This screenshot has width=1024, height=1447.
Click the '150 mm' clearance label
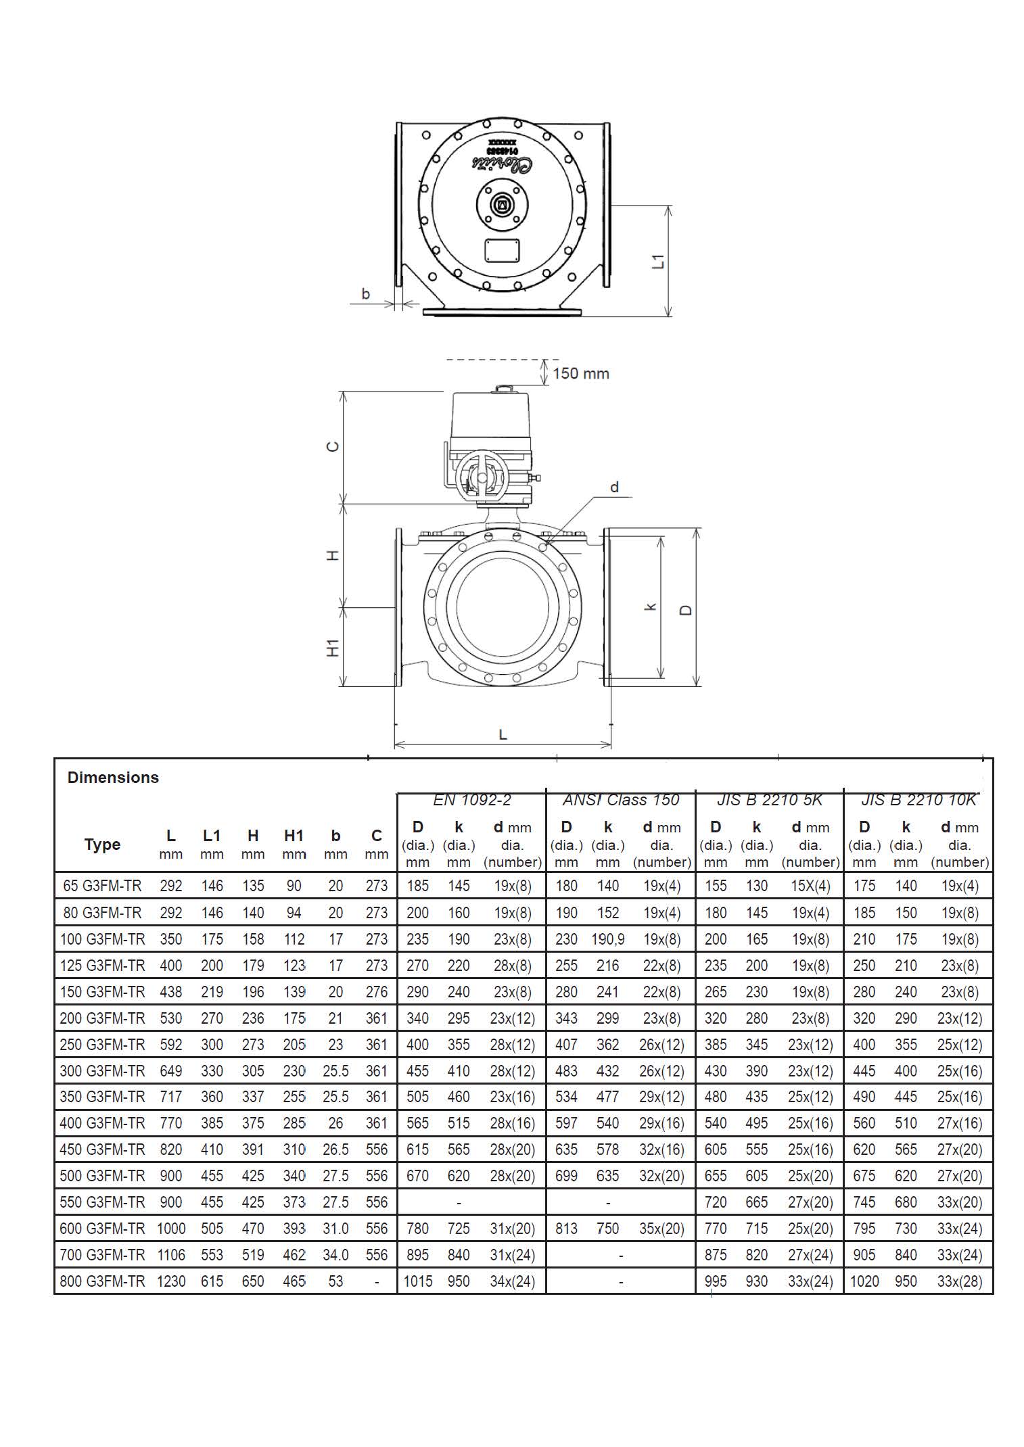pos(580,373)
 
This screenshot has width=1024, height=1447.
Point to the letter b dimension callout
pos(366,293)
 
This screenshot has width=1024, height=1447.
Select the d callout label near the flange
pos(614,487)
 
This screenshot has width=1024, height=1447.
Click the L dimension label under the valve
pos(503,734)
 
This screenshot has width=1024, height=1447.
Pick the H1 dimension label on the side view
pos(333,648)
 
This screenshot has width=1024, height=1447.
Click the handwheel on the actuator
pos(480,477)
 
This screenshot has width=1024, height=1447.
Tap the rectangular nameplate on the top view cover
pos(503,250)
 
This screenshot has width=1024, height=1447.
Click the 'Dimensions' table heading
pos(113,777)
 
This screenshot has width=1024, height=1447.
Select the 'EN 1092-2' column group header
pos(471,800)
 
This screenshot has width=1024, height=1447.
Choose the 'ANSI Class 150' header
pos(620,800)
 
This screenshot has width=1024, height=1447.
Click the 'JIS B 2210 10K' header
pos(918,800)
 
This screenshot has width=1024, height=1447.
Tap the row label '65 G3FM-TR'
pos(102,886)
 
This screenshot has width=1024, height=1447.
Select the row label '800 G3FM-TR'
pos(102,1281)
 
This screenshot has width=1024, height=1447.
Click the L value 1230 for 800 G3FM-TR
pos(171,1281)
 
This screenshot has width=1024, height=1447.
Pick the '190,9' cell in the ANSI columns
pos(608,939)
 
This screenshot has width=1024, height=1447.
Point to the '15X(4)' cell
pos(810,886)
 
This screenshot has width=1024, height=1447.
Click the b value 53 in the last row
pos(335,1281)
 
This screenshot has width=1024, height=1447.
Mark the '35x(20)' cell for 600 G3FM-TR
pos(661,1229)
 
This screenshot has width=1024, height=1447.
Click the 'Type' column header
pos(102,844)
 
